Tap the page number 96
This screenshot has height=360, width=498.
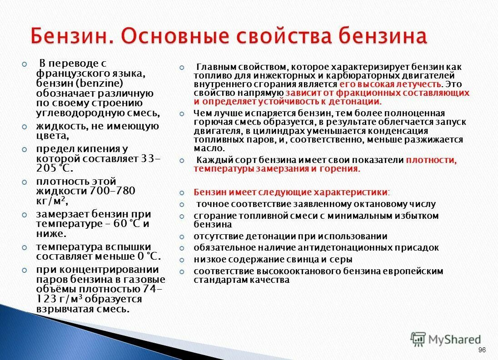point(482,350)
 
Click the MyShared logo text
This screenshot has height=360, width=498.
point(454,339)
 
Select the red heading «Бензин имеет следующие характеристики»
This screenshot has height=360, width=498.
point(291,192)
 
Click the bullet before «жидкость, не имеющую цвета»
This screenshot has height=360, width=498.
point(25,127)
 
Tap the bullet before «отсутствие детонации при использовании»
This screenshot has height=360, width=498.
point(182,237)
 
